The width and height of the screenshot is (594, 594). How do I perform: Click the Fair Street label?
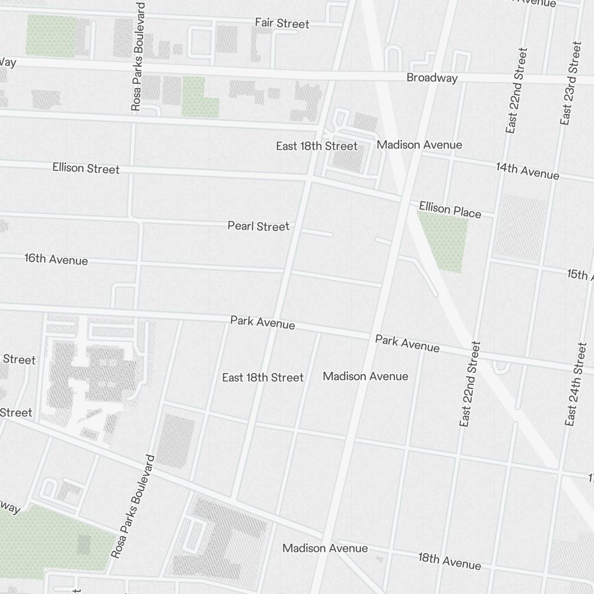point(282,24)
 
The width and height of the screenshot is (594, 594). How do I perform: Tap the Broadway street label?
point(432,78)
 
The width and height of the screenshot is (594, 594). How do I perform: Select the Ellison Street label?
point(86,169)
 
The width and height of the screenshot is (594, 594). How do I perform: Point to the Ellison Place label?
point(450,209)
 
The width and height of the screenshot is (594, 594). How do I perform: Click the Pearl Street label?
point(258,226)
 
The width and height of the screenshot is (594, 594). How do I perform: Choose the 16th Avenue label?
point(56,260)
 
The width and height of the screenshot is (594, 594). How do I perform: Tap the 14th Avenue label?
point(527,171)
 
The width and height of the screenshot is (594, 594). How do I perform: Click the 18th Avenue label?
point(449,561)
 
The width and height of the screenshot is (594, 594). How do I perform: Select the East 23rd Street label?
point(569,83)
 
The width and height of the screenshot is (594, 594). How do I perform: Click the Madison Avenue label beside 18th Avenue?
point(325,548)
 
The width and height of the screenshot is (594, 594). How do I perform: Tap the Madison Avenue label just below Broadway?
point(419,145)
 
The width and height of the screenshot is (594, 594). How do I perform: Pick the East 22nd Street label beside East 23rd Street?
point(516,90)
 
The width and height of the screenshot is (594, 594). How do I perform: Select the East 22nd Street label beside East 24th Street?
point(469,384)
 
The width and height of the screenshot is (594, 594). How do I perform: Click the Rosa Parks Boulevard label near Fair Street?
point(138,56)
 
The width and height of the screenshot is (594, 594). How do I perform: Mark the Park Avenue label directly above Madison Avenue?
point(407,343)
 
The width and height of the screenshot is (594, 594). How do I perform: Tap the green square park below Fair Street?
point(200,97)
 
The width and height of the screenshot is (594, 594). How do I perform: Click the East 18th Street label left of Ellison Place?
point(317,146)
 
